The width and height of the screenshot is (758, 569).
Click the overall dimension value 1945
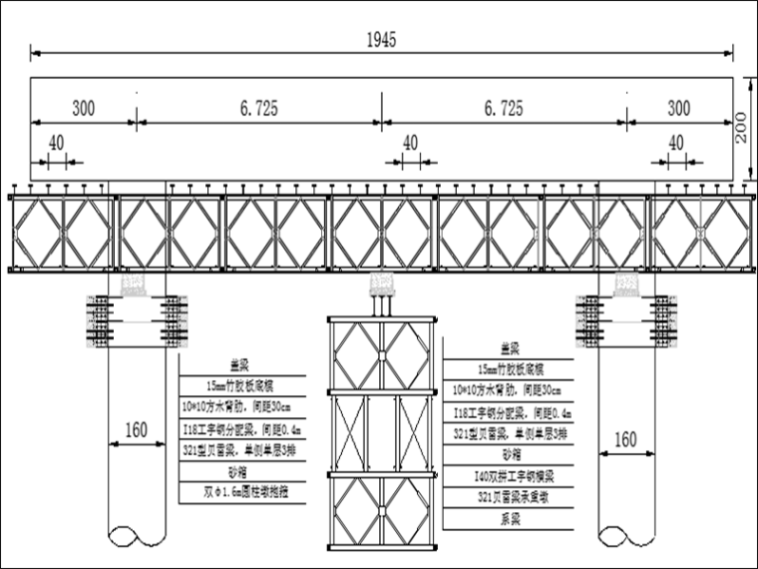tap(381, 40)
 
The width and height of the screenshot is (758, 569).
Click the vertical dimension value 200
tap(744, 128)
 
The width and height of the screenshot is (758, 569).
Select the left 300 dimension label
tap(84, 109)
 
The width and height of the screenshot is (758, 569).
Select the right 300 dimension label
tap(679, 109)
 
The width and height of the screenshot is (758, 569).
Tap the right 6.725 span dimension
tap(502, 109)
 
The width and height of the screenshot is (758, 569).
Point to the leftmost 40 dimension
tap(55, 143)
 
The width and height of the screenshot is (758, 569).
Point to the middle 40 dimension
tap(410, 143)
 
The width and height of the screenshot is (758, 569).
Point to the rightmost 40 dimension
tap(676, 143)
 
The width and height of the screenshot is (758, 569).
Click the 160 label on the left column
tap(136, 430)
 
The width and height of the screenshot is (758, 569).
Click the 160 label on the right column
tap(624, 438)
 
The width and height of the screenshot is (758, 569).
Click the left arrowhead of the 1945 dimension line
tap(34, 53)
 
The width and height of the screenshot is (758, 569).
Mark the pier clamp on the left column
tap(136, 319)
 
